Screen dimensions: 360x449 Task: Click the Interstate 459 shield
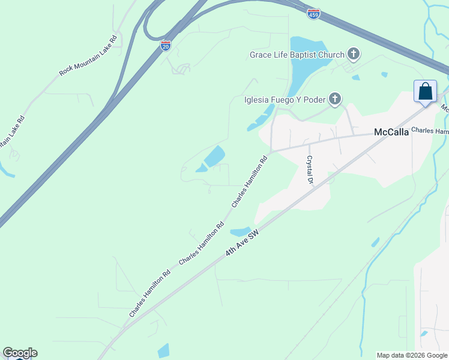(x=313, y=14)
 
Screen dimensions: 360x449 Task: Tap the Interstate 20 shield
(x=166, y=45)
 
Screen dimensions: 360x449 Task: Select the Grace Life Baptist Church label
(x=297, y=55)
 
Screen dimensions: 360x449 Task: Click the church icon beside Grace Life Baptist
(x=354, y=55)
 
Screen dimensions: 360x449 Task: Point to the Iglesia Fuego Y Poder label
(x=285, y=99)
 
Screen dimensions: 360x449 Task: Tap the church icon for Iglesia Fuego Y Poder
(x=335, y=98)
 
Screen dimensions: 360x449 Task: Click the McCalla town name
(x=391, y=133)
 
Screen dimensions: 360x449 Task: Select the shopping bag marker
(x=426, y=92)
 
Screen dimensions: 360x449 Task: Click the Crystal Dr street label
(x=310, y=170)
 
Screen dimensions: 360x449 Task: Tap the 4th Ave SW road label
(x=242, y=243)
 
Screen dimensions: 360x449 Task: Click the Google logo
(x=20, y=353)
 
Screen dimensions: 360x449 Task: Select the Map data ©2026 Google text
(x=412, y=355)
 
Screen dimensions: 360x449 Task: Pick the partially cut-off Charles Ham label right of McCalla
(x=430, y=130)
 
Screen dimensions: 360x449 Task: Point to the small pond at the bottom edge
(x=163, y=350)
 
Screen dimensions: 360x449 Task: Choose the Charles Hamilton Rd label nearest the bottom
(x=149, y=293)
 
